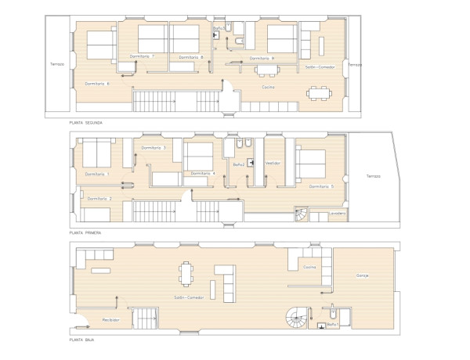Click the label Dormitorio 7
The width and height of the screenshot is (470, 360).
pos(142,56)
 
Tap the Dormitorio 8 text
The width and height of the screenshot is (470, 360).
pos(190,57)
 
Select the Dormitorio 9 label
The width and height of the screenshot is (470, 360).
pos(262,58)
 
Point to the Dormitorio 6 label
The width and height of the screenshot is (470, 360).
pos(96,84)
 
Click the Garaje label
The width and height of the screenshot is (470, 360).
pos(362,275)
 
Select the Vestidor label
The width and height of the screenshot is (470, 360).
pos(273,163)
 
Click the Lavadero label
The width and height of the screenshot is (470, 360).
pos(338,212)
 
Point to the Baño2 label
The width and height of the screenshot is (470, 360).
pos(239,164)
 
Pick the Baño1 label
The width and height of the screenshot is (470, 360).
pos(332,323)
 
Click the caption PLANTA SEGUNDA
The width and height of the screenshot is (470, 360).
pos(86,123)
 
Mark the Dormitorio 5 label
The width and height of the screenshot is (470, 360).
pos(321,186)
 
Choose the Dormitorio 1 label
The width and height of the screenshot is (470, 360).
pos(97,174)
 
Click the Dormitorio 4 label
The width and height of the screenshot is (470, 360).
pos(203,173)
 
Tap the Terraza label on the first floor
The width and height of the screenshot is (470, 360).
pos(373,176)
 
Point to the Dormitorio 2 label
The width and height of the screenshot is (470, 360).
pos(99,199)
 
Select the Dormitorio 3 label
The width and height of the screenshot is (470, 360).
pos(154,147)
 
